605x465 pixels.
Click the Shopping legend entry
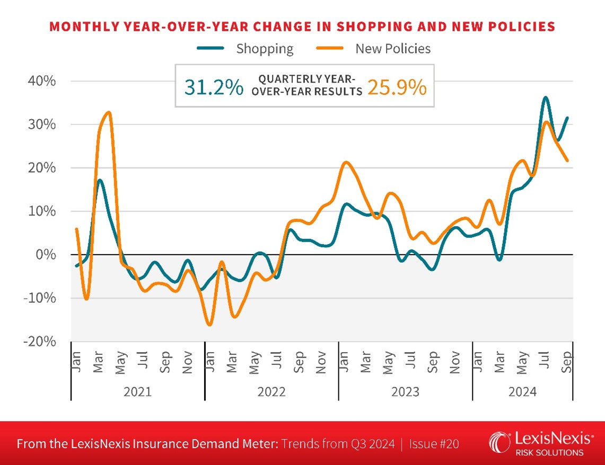point(264,49)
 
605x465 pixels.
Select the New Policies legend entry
point(392,49)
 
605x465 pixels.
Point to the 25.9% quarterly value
point(397,87)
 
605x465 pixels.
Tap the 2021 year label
point(137,392)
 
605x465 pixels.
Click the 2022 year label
point(271,392)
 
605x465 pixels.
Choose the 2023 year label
point(405,392)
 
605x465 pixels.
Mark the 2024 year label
point(522,392)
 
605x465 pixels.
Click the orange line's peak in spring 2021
point(109,112)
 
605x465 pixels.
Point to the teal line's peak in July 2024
point(546,97)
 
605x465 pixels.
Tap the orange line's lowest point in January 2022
point(209,325)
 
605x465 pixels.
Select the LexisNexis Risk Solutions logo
point(540,444)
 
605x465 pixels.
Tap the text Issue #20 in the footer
point(432,444)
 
